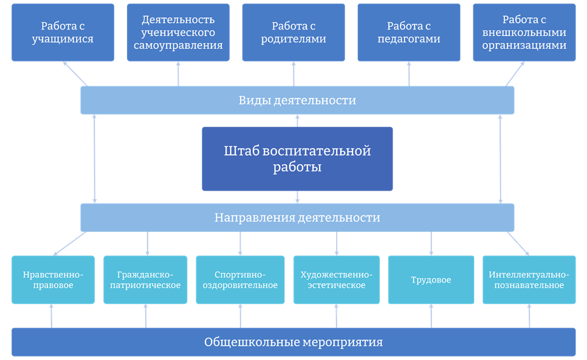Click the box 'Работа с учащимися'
point(63,32)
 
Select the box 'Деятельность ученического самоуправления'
point(178,32)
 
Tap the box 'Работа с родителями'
point(293,32)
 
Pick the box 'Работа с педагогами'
point(409,32)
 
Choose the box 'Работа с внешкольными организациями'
point(524,32)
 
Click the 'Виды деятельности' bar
point(297,100)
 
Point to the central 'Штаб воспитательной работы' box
point(297,159)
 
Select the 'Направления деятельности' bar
point(297,217)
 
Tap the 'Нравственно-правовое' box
point(53,280)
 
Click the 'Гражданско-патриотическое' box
point(145,280)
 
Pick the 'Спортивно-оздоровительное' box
point(240,280)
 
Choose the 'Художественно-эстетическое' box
point(336,280)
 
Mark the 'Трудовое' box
point(431,280)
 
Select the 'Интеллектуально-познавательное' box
point(529,280)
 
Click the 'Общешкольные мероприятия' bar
point(293,342)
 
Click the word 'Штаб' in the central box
point(239,151)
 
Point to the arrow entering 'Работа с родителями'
point(293,74)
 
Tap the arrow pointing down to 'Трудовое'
point(431,243)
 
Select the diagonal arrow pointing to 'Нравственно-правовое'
point(70,243)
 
